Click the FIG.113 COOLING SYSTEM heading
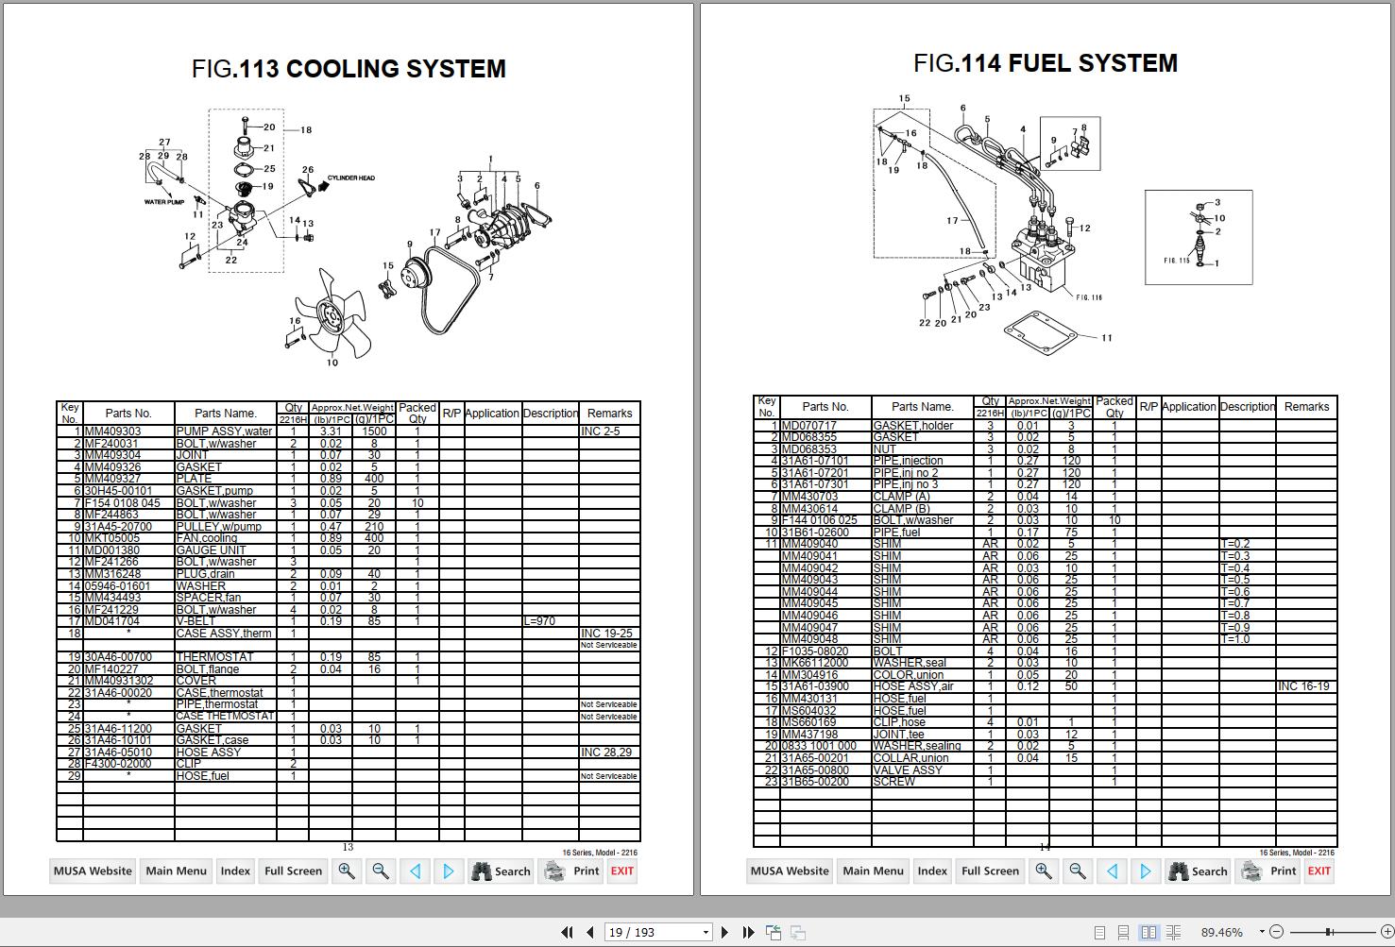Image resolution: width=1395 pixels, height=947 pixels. pyautogui.click(x=349, y=69)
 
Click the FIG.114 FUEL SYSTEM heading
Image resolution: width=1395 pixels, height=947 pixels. pyautogui.click(x=1045, y=63)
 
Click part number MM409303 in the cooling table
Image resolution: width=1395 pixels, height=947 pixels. pyautogui.click(x=113, y=431)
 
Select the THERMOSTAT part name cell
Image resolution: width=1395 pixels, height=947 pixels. pyautogui.click(x=215, y=657)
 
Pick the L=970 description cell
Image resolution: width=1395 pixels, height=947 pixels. pyautogui.click(x=539, y=621)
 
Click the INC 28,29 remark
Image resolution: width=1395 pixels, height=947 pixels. pyautogui.click(x=606, y=753)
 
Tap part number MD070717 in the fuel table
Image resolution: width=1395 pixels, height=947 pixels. pyautogui.click(x=809, y=426)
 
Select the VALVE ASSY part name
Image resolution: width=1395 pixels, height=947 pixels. pyautogui.click(x=909, y=769)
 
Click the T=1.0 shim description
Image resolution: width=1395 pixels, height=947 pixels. pyautogui.click(x=1235, y=639)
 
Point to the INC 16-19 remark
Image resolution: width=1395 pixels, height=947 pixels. pyautogui.click(x=1303, y=686)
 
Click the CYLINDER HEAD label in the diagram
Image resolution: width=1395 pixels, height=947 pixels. pyautogui.click(x=351, y=178)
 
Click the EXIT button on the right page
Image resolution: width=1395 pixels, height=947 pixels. pyautogui.click(x=1318, y=871)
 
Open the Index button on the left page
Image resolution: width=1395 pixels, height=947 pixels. pyautogui.click(x=235, y=871)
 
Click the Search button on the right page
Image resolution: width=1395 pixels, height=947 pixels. pyautogui.click(x=1198, y=871)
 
